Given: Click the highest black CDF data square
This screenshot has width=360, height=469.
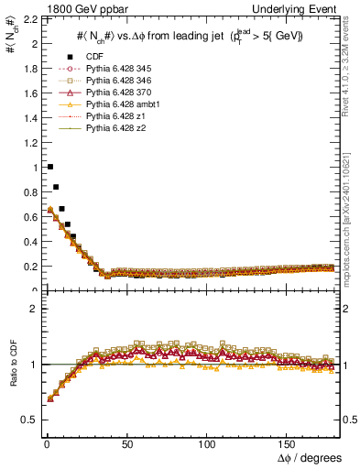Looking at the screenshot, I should click(x=49, y=167).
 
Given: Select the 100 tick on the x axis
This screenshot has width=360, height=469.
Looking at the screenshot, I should click(x=209, y=444).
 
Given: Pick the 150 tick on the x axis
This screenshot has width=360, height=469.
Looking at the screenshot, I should click(x=289, y=444).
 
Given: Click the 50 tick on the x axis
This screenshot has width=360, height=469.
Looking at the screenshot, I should click(x=127, y=444).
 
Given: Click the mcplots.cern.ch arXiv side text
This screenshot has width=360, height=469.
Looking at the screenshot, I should click(x=353, y=220).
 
